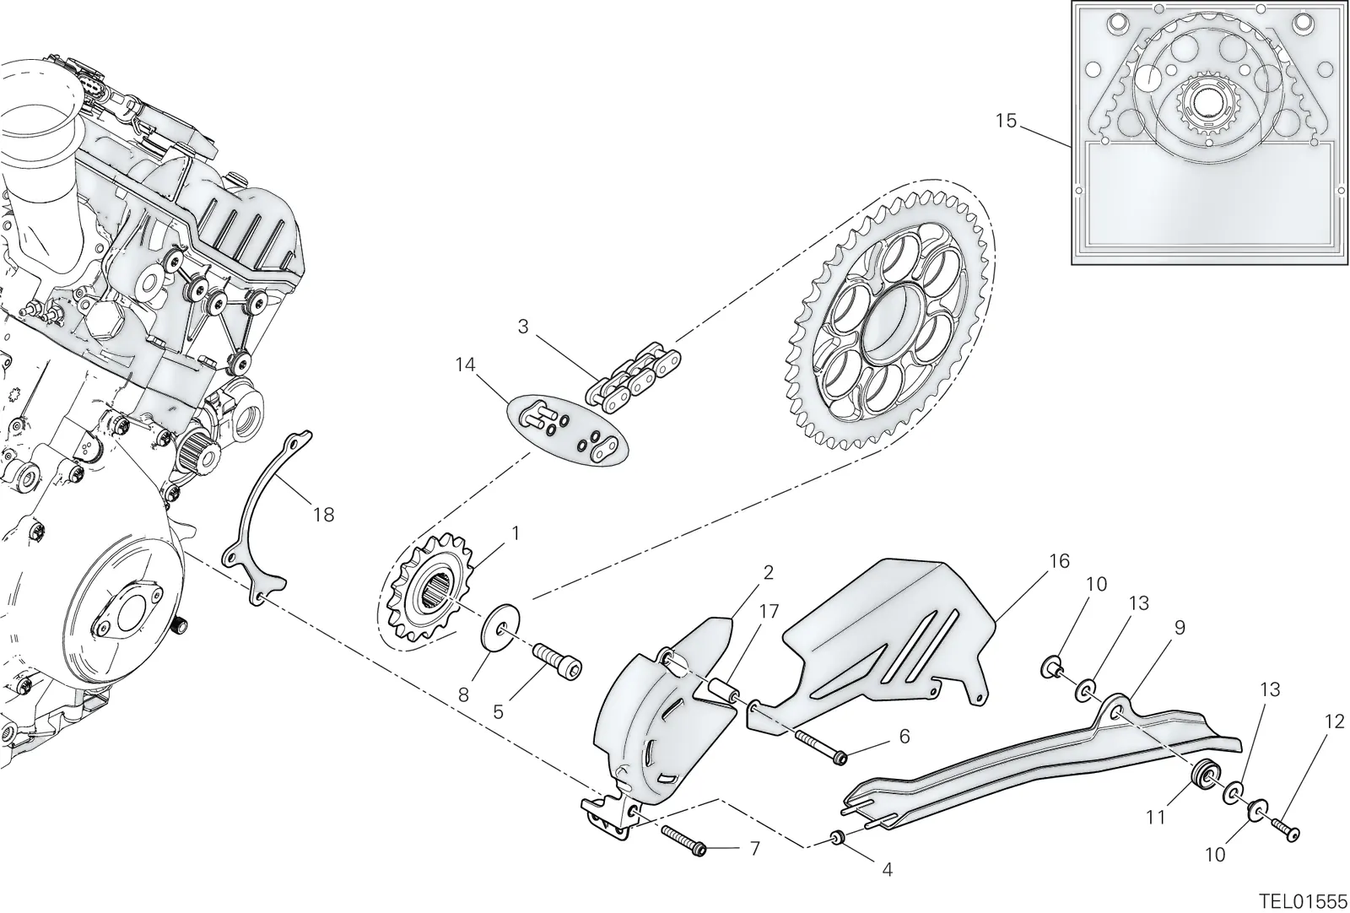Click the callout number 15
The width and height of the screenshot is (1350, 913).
1006,122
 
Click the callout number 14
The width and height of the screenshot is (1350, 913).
465,365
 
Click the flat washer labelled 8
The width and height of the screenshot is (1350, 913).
499,629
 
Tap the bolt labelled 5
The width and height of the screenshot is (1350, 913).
557,661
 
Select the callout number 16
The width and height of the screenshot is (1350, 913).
1059,560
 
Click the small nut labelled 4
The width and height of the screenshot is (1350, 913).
836,837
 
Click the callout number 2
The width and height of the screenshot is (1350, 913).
768,572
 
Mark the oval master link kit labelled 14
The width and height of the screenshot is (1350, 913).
566,429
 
